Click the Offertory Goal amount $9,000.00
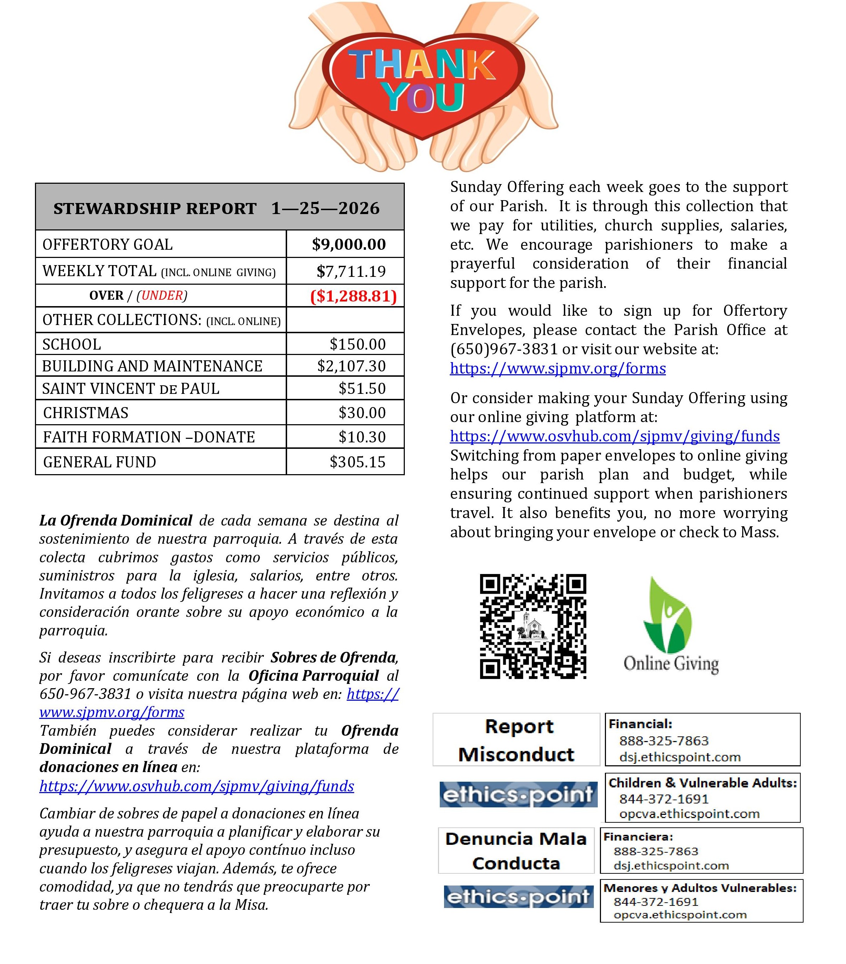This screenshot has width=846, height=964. (x=348, y=244)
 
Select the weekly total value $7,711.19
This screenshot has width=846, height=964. (x=351, y=271)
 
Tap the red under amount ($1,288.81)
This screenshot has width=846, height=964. (x=353, y=296)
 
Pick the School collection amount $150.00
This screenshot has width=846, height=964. (x=357, y=344)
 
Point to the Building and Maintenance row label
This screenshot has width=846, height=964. (x=152, y=366)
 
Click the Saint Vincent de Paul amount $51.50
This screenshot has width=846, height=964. (x=362, y=389)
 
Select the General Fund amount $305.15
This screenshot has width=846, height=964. (x=357, y=462)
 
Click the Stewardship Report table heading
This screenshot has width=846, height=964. (x=216, y=208)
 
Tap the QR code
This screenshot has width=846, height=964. (x=532, y=626)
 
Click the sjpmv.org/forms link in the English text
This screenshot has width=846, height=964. (x=557, y=368)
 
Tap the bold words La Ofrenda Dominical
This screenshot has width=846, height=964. (x=116, y=520)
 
